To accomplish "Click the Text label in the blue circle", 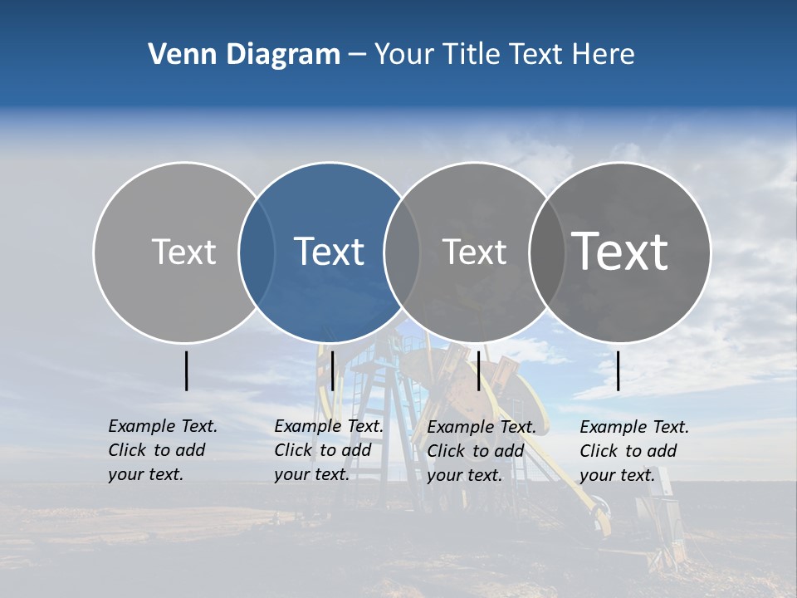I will [330, 252].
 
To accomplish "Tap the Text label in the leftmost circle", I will [184, 252].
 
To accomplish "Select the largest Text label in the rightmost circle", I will [620, 252].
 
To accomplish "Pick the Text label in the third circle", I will [475, 252].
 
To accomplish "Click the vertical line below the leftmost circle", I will [186, 370].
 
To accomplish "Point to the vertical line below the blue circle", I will [332, 370].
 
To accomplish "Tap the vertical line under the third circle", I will [478, 370].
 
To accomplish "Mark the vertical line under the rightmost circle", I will [619, 370].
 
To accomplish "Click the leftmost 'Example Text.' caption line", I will [163, 426].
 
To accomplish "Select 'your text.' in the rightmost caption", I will [617, 475].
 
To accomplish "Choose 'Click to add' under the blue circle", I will [323, 450].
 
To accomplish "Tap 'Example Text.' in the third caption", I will [482, 427].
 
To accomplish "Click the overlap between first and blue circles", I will [257, 252].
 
